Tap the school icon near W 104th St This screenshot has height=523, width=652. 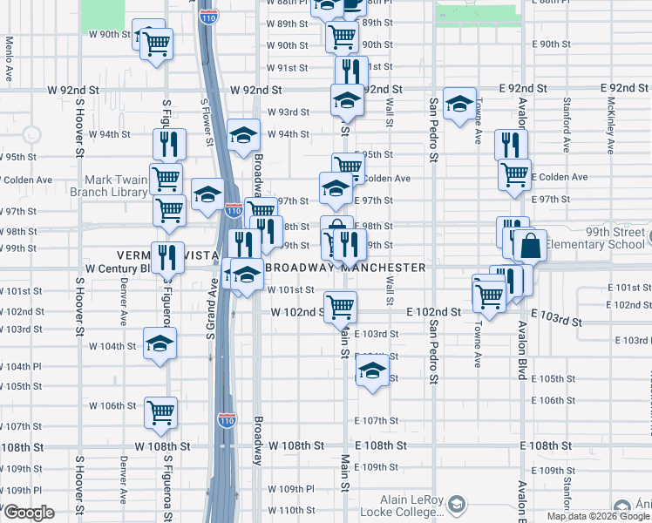pos(160,344)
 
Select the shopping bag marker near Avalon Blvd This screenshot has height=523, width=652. pos(529,247)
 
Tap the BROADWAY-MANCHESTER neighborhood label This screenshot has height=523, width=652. pos(346,268)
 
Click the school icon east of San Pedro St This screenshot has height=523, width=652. pos(458,104)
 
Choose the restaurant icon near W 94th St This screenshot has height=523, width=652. pos(169,144)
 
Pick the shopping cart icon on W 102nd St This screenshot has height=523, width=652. pos(340,306)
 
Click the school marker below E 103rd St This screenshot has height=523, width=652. pos(372,370)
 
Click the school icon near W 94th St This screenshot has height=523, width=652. pos(245,134)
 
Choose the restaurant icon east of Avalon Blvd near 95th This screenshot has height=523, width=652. pos(511,144)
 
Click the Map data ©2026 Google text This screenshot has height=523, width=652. pos(598,516)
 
